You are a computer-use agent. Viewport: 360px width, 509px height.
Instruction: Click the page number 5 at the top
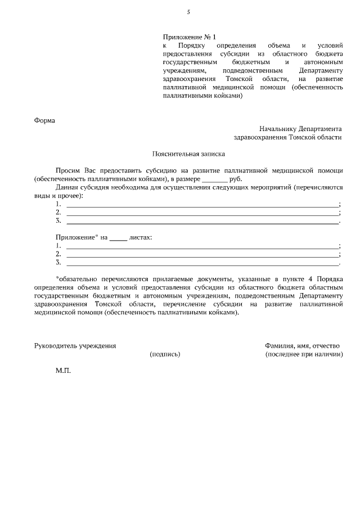[188, 12]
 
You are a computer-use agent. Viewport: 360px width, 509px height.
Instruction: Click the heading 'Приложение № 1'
[185, 37]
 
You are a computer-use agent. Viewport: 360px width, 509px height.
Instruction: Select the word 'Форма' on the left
[44, 120]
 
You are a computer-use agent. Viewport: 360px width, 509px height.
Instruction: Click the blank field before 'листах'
[118, 238]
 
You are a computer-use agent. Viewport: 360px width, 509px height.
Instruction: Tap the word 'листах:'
[141, 237]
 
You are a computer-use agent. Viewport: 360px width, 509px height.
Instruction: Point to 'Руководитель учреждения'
[75, 345]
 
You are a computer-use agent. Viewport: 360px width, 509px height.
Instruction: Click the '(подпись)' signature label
[165, 354]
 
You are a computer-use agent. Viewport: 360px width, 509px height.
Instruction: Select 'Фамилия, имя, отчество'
[304, 345]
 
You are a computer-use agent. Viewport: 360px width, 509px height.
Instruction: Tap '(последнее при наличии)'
[304, 354]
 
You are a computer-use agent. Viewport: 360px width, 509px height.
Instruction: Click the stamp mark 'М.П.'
[63, 372]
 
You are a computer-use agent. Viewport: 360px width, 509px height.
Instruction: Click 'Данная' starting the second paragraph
[67, 187]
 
